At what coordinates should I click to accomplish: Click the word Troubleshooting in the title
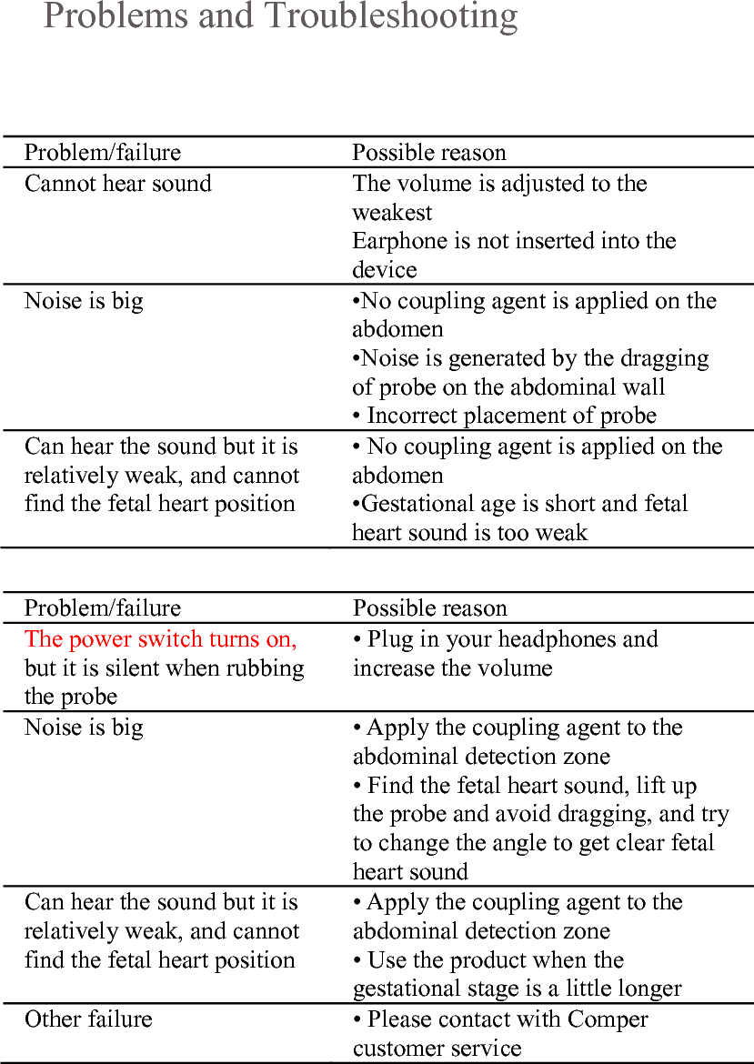point(391,16)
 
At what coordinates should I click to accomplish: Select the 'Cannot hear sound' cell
point(117,184)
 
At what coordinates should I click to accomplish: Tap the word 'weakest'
point(392,213)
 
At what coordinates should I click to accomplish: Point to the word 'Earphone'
point(394,241)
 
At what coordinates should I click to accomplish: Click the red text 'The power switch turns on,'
point(160,639)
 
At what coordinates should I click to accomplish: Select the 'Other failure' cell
point(88,1019)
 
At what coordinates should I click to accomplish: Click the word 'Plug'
point(389,639)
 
